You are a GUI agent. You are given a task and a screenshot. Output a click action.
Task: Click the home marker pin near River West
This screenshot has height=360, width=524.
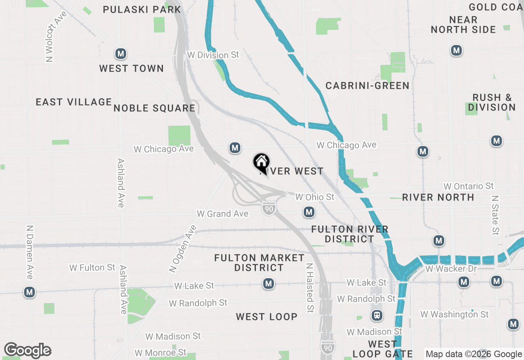261,162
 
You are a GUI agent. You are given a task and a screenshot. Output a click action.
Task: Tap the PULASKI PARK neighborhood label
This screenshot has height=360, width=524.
142,9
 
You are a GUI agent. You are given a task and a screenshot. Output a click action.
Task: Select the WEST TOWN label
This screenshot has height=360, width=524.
131,68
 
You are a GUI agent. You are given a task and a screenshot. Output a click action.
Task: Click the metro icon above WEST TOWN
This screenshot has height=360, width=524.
120,54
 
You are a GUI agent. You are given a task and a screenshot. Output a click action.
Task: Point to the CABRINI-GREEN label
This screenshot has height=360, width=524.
367,85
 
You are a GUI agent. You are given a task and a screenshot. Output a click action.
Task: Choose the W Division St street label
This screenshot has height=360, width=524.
212,55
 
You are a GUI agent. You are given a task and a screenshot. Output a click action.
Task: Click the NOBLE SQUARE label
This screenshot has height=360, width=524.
154,108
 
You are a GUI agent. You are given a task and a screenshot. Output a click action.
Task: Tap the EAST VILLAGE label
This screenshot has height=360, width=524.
74,102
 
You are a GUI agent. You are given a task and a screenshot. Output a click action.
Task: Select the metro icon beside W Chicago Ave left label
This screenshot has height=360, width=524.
235,148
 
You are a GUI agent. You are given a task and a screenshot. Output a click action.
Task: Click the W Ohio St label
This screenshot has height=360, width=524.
315,197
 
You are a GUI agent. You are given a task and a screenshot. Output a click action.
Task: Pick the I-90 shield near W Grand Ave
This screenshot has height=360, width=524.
269,209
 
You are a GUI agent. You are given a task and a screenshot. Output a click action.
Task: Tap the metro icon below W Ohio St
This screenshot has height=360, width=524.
309,212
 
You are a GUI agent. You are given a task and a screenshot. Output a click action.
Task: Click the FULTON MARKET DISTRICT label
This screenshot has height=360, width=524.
259,263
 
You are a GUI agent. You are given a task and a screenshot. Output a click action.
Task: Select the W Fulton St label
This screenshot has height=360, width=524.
92,268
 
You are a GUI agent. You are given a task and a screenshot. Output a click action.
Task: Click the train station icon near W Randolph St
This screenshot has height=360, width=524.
377,315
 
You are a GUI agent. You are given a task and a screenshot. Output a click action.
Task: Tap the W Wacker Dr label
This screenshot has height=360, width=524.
451,269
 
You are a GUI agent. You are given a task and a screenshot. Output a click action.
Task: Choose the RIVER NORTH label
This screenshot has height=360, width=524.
438,197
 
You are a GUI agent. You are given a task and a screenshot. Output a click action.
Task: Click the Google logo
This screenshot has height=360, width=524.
27,350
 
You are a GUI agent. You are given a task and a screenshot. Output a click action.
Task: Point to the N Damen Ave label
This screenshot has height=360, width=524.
29,252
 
